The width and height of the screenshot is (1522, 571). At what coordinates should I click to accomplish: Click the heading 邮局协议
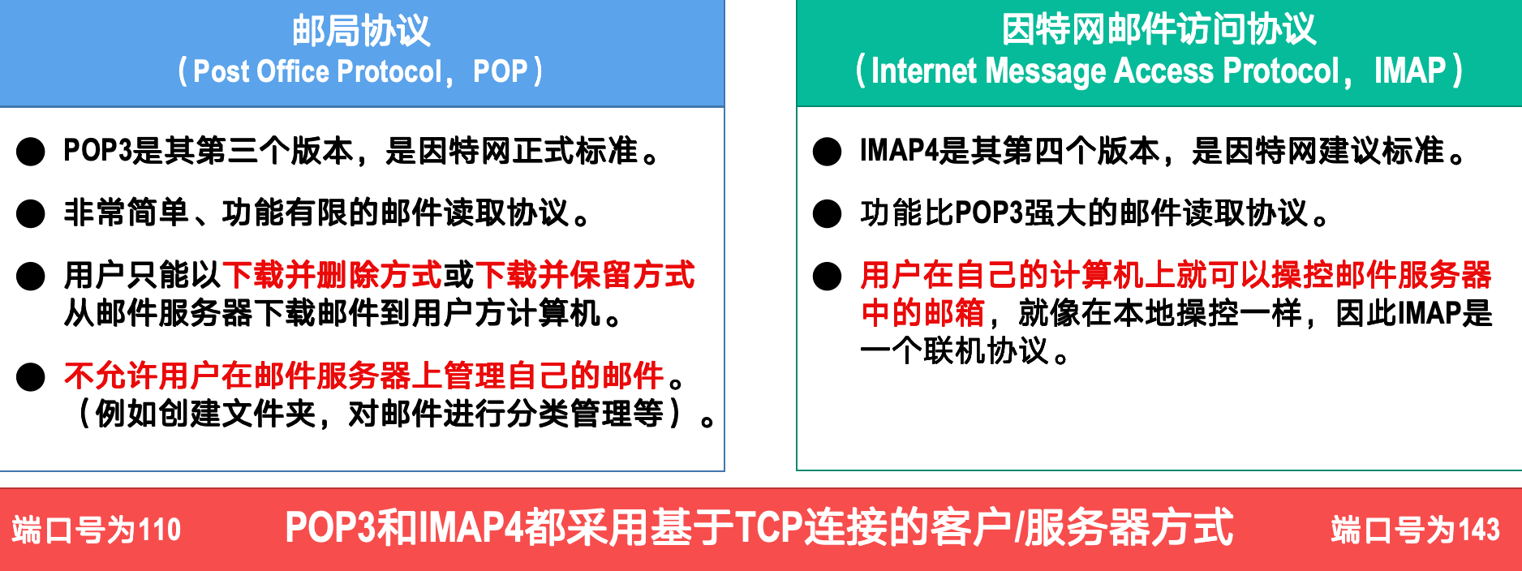click(361, 30)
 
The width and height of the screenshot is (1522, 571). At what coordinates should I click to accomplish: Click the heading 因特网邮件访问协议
click(1159, 29)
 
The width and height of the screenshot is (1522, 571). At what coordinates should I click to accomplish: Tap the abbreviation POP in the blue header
click(500, 71)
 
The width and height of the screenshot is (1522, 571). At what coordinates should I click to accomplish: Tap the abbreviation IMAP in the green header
click(1410, 71)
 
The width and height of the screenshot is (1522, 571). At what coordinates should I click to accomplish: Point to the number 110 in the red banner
click(160, 530)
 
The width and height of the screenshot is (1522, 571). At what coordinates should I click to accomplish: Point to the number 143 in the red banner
click(1479, 530)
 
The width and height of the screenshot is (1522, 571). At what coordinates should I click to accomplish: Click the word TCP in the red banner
click(768, 527)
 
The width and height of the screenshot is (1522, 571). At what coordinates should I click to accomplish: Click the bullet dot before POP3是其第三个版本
click(31, 152)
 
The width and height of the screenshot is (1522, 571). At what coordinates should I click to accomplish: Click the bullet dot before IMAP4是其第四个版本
click(827, 152)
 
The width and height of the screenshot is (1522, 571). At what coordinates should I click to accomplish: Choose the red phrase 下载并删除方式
click(333, 275)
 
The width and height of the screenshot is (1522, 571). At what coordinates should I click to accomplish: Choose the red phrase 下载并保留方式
click(585, 275)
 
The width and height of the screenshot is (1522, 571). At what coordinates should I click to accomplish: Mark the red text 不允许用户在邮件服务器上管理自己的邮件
click(364, 376)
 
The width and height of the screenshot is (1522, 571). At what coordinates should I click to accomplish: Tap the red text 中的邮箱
click(922, 313)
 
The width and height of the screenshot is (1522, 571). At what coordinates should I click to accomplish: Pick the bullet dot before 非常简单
click(31, 213)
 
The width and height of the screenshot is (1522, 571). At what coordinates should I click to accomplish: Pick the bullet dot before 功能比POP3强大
click(827, 213)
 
